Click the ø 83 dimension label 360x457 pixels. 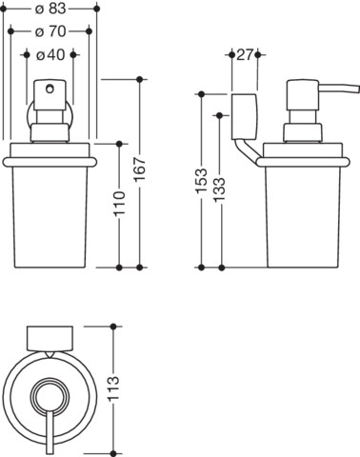50,9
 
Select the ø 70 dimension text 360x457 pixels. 50,31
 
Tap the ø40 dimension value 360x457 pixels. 50,55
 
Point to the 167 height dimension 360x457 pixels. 139,169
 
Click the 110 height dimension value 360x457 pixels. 120,204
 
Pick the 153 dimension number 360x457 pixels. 201,181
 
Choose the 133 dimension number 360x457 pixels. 219,189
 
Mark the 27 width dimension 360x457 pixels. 245,55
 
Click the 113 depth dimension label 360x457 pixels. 113,388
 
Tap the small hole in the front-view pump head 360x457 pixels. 50,89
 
